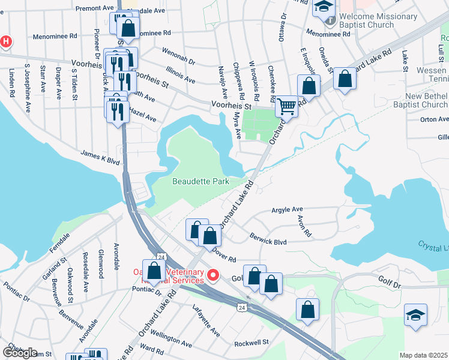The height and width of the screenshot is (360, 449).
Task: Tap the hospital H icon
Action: click(x=6, y=42)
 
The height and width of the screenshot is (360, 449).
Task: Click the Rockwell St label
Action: click(x=251, y=343)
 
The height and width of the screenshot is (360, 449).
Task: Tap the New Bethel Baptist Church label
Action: click(x=418, y=100)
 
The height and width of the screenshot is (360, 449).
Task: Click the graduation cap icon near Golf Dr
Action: click(x=416, y=316)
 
